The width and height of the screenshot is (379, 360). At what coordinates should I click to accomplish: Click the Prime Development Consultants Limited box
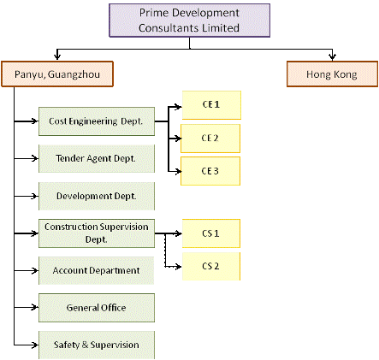click(189, 21)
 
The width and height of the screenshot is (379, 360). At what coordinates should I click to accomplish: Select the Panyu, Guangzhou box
click(57, 74)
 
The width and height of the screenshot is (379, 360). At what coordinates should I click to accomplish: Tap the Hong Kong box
click(332, 74)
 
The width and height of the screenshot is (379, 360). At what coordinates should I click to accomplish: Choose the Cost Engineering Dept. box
click(97, 121)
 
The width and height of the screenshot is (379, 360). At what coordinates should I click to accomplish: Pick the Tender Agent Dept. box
click(97, 158)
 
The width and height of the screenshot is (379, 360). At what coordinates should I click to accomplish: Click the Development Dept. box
click(97, 196)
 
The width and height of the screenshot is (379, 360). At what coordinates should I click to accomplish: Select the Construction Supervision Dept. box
click(97, 233)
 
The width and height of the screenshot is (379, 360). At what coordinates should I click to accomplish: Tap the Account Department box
click(97, 270)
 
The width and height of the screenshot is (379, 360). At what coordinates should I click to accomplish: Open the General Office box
click(97, 308)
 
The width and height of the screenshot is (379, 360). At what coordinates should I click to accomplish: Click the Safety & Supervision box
click(97, 345)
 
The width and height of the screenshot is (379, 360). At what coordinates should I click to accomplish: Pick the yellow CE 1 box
click(211, 105)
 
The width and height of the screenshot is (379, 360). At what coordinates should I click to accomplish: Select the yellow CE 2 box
click(210, 139)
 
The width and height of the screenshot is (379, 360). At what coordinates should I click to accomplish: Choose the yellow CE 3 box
click(210, 171)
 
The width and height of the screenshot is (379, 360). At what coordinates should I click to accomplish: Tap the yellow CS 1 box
click(211, 233)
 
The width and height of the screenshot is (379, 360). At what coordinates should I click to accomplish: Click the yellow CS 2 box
click(211, 266)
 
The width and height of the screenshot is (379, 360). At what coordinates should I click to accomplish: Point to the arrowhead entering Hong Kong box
click(332, 56)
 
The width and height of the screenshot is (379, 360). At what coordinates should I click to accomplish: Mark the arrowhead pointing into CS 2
click(179, 267)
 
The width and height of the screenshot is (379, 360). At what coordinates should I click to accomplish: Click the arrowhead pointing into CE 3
click(179, 171)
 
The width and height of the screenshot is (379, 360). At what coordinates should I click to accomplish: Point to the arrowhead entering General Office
click(35, 307)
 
